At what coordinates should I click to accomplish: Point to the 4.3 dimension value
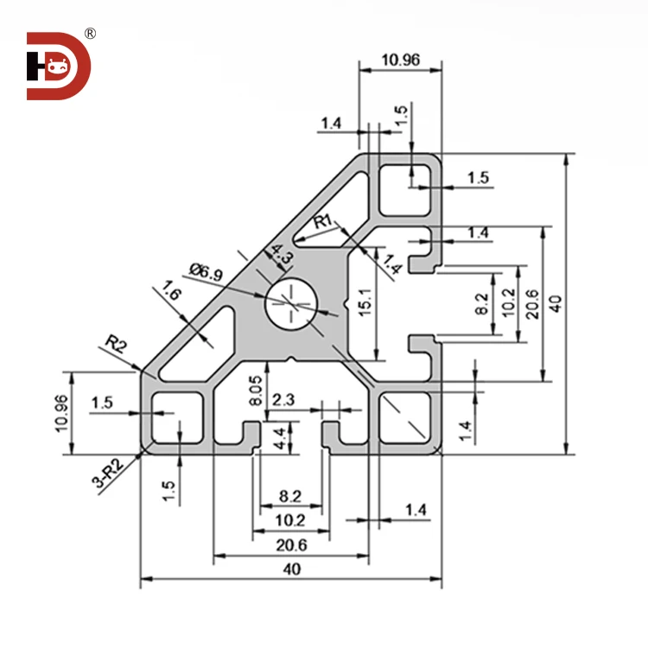(x=281, y=254)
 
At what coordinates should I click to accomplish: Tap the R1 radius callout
(x=323, y=222)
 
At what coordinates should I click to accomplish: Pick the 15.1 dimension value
(x=365, y=304)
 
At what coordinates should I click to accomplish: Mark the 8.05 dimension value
(x=254, y=390)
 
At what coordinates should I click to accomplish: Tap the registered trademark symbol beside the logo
(x=90, y=34)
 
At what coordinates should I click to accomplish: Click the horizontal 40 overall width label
(x=291, y=570)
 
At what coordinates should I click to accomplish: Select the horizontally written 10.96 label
(x=399, y=60)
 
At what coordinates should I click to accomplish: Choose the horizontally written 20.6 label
(x=290, y=545)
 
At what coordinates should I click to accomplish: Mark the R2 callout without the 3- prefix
(x=116, y=346)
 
